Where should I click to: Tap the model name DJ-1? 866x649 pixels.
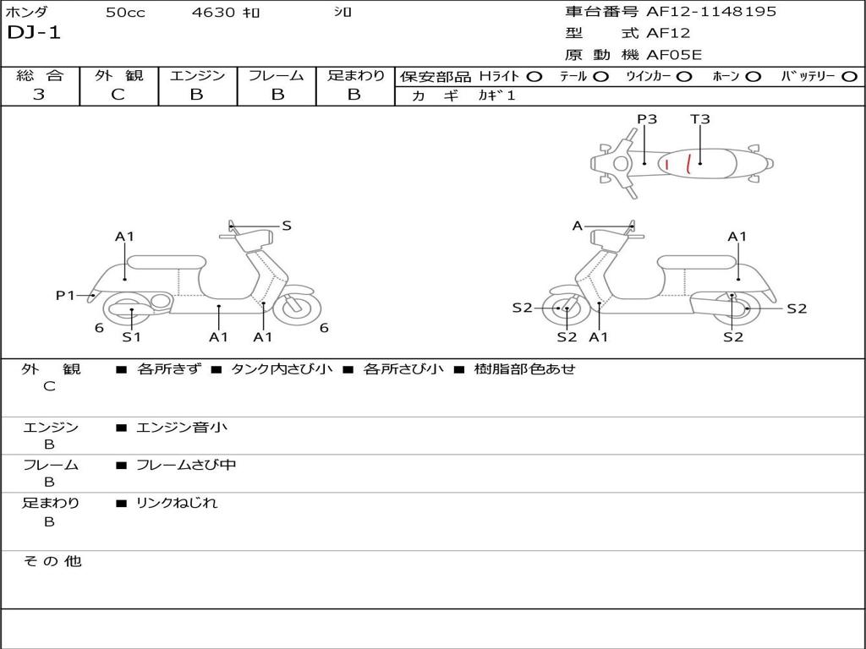[x=34, y=34]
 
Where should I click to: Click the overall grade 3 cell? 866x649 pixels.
[x=39, y=95]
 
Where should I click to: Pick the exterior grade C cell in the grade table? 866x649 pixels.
[x=118, y=95]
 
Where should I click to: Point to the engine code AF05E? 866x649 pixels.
[x=674, y=56]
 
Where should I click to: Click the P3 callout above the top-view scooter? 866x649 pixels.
[x=647, y=119]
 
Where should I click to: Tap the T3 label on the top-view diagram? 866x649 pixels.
[x=699, y=119]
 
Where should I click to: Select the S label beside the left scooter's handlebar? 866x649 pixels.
[x=287, y=226]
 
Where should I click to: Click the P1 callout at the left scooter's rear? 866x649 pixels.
[x=65, y=295]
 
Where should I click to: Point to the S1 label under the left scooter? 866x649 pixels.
[x=131, y=337]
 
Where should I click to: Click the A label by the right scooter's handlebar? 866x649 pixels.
[x=578, y=226]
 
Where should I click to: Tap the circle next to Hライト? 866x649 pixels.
[x=534, y=77]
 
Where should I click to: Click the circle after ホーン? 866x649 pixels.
[x=754, y=77]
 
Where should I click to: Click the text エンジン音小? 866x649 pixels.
[x=182, y=428]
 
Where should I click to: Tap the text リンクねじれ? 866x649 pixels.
[x=177, y=503]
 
